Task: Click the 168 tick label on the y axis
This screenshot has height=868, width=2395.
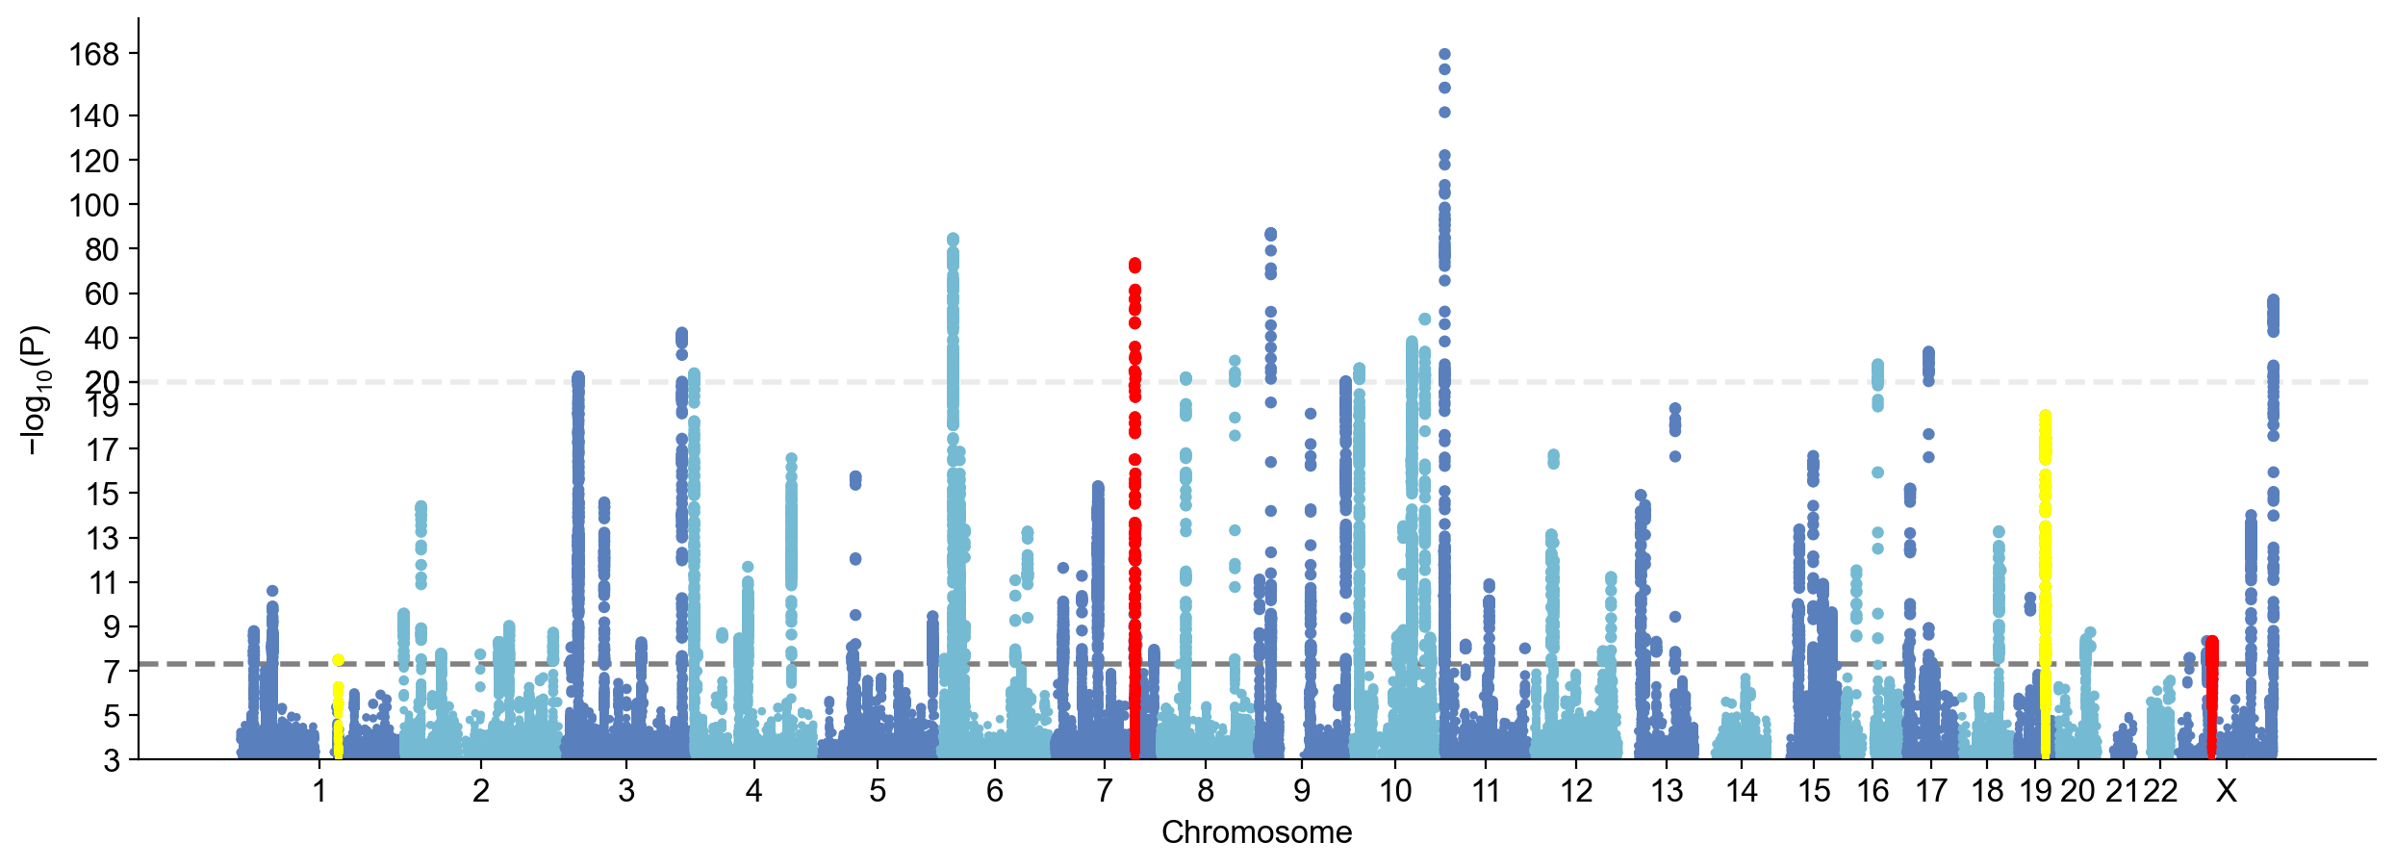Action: coord(94,55)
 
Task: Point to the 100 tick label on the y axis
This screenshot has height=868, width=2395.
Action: coord(94,205)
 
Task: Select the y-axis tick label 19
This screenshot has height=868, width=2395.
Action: coord(101,405)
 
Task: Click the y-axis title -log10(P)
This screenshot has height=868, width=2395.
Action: coord(35,390)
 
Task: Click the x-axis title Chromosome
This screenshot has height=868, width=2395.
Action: coord(1257,832)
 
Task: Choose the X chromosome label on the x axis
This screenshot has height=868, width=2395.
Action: coord(2226,791)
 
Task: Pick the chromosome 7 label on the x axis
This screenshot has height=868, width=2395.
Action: coord(1104,791)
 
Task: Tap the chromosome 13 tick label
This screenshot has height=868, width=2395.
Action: coord(1667,791)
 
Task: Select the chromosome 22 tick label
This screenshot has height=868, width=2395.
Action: coord(2160,791)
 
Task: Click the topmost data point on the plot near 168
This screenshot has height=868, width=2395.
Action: coord(1444,55)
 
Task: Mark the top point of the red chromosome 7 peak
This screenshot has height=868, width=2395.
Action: coord(1134,264)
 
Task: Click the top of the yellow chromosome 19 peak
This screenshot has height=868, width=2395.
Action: coord(2045,416)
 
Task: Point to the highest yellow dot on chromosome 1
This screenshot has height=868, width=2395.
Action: coord(338,660)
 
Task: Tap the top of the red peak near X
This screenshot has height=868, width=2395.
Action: coord(2211,641)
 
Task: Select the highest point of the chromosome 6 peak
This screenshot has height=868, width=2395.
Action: coord(953,239)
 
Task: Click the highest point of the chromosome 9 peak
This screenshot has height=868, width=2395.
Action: coord(1270,234)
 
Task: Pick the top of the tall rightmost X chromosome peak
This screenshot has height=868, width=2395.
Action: coord(2273,300)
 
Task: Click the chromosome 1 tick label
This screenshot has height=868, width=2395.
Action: coord(319,791)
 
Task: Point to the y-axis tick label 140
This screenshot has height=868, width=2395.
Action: coord(94,116)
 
